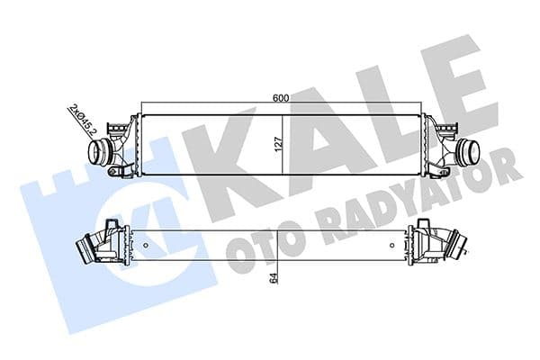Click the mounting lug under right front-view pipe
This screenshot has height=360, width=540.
[442, 168]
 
